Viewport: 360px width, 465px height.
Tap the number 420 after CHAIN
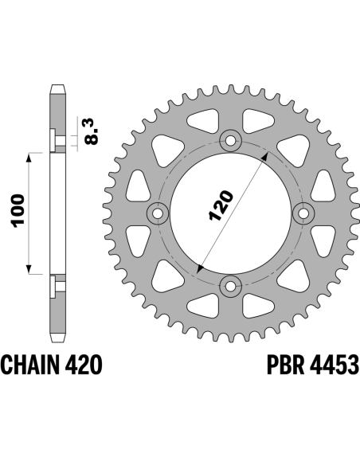point(84,365)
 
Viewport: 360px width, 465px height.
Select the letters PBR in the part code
point(285,365)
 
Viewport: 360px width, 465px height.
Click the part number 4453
point(335,365)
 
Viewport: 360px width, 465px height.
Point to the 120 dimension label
point(221,205)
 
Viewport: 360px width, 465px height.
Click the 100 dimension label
point(18,211)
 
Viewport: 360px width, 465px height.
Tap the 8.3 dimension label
point(91,131)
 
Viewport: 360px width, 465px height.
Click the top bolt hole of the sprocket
point(230,141)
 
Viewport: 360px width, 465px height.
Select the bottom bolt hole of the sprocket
point(230,286)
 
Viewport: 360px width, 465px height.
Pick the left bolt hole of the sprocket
point(158,213)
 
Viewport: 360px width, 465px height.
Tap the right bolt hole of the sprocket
point(303,213)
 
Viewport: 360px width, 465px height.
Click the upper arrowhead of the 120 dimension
point(265,156)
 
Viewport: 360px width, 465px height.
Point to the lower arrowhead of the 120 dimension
point(200,268)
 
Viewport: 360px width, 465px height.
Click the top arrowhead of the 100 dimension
point(29,158)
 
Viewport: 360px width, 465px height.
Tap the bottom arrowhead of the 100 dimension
point(29,269)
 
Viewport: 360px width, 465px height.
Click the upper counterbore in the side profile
point(58,139)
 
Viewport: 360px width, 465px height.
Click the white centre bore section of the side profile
point(57,213)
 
